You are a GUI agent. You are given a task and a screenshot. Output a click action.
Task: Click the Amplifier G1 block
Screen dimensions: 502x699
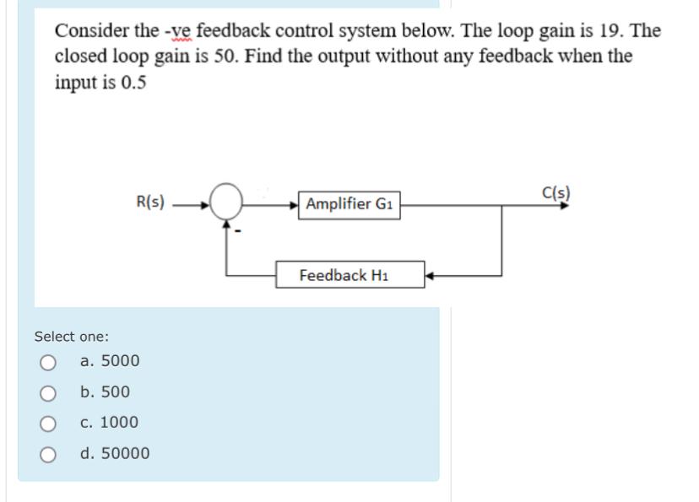pyautogui.click(x=350, y=204)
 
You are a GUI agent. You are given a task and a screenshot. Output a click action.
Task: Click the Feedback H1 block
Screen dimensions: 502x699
pyautogui.click(x=349, y=275)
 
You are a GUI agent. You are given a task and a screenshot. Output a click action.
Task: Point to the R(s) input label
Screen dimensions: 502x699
pyautogui.click(x=150, y=202)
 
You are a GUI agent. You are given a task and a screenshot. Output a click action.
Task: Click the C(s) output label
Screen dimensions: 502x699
pyautogui.click(x=556, y=191)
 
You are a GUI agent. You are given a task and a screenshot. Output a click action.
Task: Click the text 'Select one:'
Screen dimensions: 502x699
pyautogui.click(x=71, y=337)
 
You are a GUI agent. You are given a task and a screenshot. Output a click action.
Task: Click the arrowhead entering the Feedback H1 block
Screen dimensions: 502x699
pyautogui.click(x=429, y=275)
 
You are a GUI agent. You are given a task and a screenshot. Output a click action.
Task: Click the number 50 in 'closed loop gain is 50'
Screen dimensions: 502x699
pyautogui.click(x=230, y=57)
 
